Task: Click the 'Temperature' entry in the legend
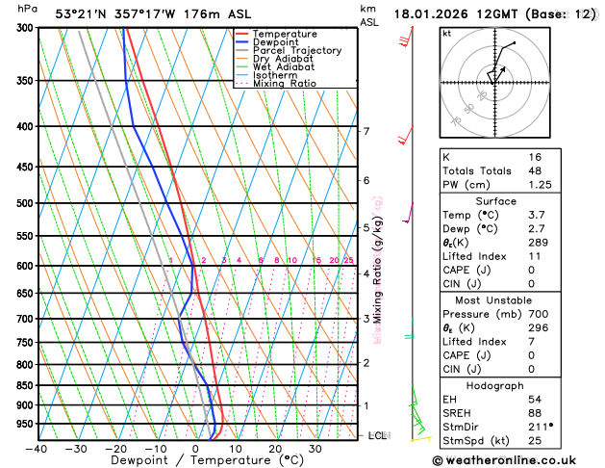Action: pos(285,34)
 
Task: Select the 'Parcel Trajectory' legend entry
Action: pos(296,50)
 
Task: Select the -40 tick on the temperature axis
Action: pos(38,448)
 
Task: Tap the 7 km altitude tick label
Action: pos(366,131)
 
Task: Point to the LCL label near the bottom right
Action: pos(378,435)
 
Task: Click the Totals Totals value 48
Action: pos(534,170)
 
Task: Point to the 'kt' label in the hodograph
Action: pos(446,34)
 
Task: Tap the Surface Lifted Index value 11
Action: pos(534,256)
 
